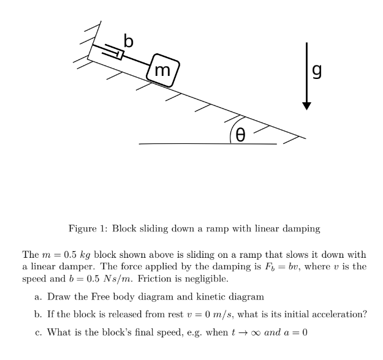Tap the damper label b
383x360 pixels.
128,41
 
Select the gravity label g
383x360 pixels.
317,72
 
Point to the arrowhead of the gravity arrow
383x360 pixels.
306,105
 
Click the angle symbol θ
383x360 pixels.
241,134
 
